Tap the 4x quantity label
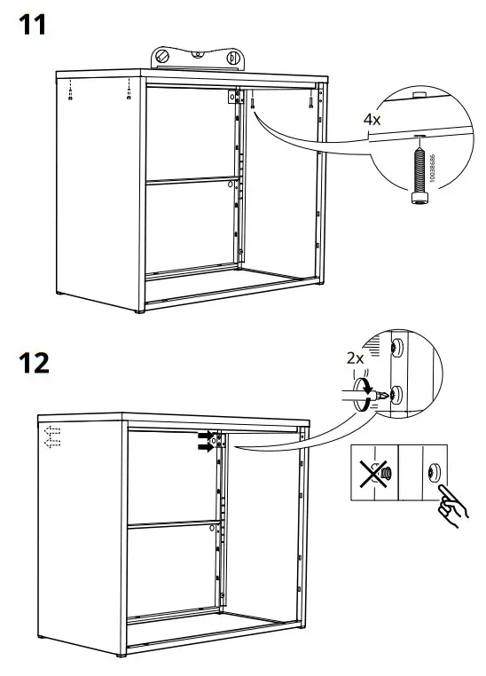point(373,118)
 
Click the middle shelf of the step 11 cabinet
point(191,182)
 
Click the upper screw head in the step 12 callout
point(398,345)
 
